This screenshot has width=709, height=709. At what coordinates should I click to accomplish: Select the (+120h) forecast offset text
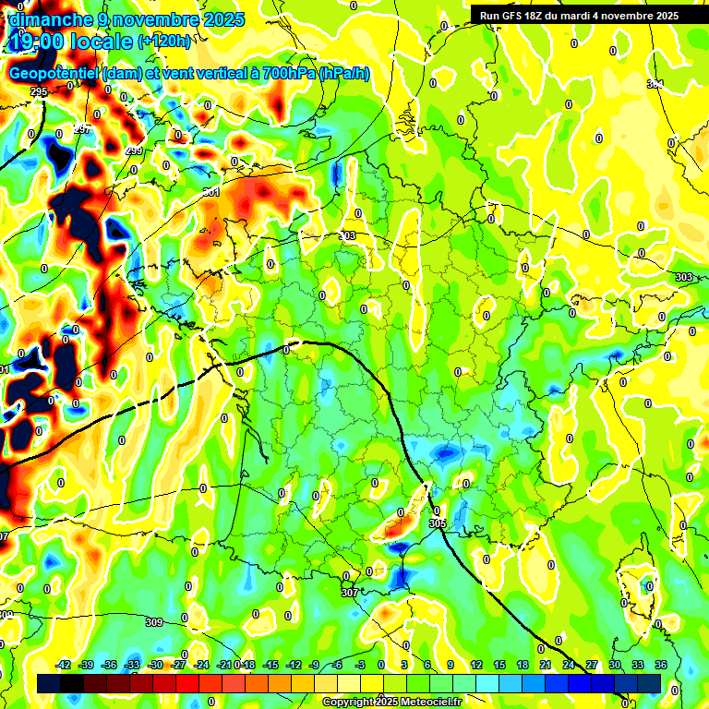point(164,41)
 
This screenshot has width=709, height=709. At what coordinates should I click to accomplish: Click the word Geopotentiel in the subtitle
point(54,74)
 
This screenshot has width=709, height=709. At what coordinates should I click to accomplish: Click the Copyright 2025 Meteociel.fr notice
point(391,702)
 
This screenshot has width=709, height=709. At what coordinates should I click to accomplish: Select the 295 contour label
point(38,91)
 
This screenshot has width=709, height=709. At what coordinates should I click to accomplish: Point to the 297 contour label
point(82,128)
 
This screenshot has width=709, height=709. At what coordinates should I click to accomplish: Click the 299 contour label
point(134,150)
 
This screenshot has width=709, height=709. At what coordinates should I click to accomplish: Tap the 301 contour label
point(211,192)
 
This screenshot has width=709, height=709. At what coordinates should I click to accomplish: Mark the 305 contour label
point(438,523)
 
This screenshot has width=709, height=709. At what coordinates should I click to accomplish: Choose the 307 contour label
point(348,593)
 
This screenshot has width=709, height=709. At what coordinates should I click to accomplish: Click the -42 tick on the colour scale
point(64,665)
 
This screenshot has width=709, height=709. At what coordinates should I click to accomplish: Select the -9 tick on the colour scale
point(314,665)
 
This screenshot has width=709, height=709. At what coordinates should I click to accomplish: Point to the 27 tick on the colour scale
point(591,665)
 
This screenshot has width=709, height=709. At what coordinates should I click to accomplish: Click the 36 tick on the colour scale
point(661,665)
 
